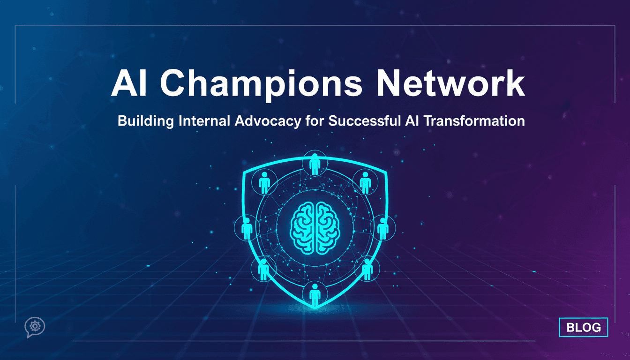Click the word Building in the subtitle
pos(146,121)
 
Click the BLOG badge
pos(584,327)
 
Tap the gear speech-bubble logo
pos(35,327)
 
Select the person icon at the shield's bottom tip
pos(315,294)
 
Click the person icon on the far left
pos(247,228)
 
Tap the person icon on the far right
pos(383,228)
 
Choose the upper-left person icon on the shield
pos(264,182)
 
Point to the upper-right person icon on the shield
pos(366,182)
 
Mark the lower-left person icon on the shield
pos(263,269)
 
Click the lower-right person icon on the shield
pos(367,269)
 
